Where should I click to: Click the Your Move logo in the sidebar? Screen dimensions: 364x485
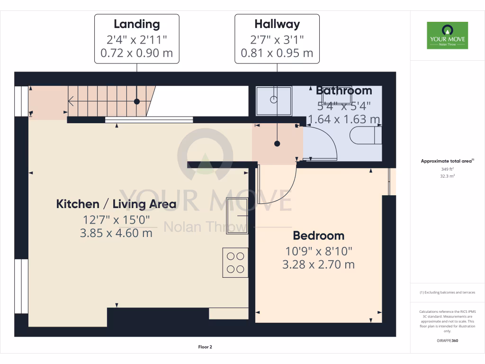447,35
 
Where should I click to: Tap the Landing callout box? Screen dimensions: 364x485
137,38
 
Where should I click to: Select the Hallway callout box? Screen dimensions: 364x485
277,38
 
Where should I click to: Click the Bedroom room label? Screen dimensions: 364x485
318,236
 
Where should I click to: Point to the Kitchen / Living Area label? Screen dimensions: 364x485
116,204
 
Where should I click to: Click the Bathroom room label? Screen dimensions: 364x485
344,90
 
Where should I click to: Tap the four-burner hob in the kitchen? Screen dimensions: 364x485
235,263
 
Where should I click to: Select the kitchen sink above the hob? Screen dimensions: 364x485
237,215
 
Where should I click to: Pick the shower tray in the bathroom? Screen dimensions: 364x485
274,100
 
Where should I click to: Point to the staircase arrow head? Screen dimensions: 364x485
71,101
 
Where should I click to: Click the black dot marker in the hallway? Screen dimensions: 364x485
277,143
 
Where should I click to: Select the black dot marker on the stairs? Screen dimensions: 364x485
137,101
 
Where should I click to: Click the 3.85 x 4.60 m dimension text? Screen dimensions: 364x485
116,233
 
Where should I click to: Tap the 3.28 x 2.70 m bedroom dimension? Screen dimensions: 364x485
318,264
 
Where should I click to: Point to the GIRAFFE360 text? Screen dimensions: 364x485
447,340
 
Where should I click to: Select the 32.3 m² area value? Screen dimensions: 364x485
447,176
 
